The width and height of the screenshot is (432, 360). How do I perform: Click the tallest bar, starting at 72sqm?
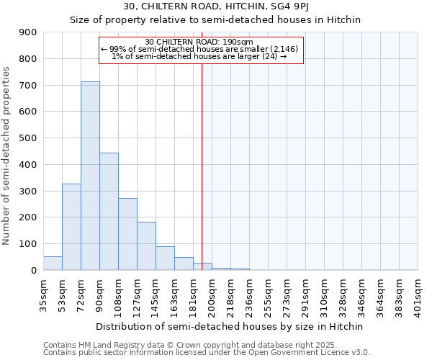pyautogui.click(x=90, y=176)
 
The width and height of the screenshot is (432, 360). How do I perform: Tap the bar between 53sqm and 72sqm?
pyautogui.click(x=71, y=227)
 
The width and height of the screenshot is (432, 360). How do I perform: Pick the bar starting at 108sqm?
pyautogui.click(x=127, y=234)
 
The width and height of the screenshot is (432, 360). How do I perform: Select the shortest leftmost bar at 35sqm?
pyautogui.click(x=53, y=264)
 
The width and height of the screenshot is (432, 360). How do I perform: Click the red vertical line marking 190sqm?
pyautogui.click(x=202, y=166)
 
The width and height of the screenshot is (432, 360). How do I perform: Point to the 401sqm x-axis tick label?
pyautogui.click(x=418, y=294)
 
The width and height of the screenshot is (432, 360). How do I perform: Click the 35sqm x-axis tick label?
pyautogui.click(x=44, y=294)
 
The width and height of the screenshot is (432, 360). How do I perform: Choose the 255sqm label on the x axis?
pyautogui.click(x=269, y=294)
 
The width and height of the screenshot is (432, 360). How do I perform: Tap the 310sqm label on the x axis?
pyautogui.click(x=325, y=294)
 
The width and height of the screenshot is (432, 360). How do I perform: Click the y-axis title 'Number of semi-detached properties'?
pyautogui.click(x=7, y=155)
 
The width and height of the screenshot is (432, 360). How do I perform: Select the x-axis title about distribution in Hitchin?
pyautogui.click(x=230, y=326)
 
